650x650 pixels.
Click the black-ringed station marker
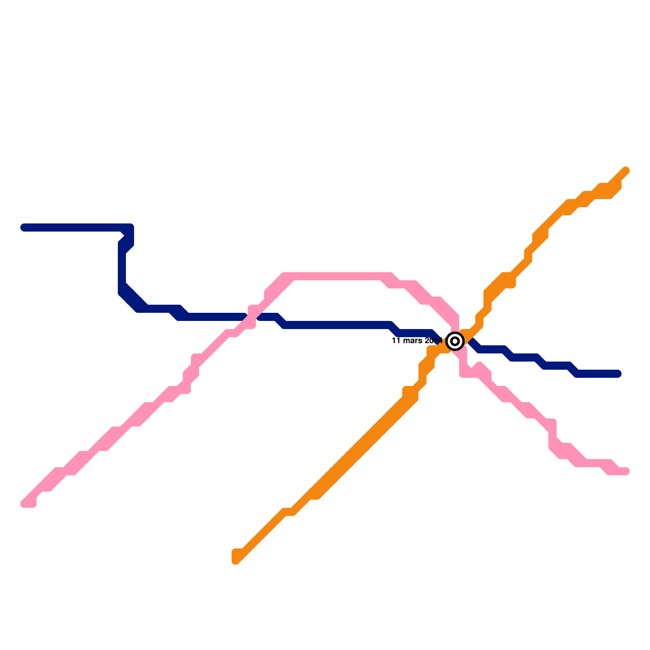click(x=455, y=341)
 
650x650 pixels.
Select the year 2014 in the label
click(x=433, y=340)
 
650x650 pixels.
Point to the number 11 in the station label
click(x=396, y=340)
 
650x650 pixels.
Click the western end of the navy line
click(x=24, y=227)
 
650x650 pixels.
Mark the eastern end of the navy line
click(x=618, y=374)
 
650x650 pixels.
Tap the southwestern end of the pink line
click(x=25, y=504)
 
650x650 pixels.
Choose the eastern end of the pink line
click(x=626, y=471)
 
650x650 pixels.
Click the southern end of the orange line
click(x=236, y=560)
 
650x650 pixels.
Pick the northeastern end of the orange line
click(x=626, y=171)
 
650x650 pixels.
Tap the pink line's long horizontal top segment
click(x=337, y=276)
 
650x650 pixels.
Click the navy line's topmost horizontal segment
click(x=73, y=227)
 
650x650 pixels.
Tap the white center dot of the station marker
click(x=455, y=341)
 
